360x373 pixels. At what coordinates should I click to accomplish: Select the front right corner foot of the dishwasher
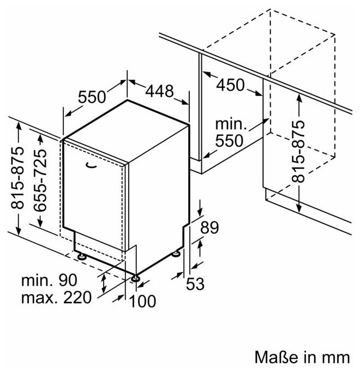(135, 279)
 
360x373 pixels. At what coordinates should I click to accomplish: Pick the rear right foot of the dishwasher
(178, 253)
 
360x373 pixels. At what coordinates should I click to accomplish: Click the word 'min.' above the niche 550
(231, 124)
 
